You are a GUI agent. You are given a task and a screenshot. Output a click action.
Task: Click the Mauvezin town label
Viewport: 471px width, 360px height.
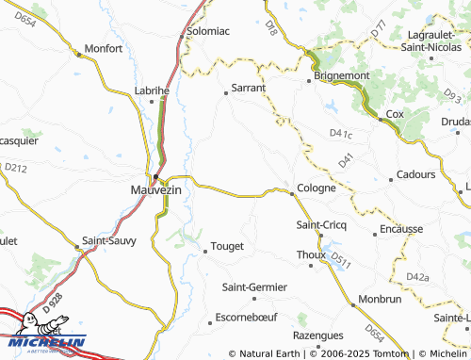pyautogui.click(x=154, y=190)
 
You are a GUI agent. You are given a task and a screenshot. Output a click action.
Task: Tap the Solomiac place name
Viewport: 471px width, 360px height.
pyautogui.click(x=207, y=30)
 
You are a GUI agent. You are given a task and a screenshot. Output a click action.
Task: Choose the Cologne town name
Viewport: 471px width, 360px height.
pyautogui.click(x=316, y=188)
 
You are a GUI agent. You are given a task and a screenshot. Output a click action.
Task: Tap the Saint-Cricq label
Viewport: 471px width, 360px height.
pyautogui.click(x=321, y=224)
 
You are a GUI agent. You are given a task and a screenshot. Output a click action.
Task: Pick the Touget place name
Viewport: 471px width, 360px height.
pyautogui.click(x=225, y=246)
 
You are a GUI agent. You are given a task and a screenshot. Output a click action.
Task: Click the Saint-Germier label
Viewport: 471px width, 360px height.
pyautogui.click(x=254, y=286)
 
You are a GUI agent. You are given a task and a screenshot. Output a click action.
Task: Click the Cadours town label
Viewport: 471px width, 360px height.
pyautogui.click(x=415, y=174)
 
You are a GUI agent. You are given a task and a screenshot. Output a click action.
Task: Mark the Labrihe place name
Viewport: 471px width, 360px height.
pyautogui.click(x=151, y=90)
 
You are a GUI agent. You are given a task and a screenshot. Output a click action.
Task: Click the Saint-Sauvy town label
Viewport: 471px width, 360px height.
pyautogui.click(x=109, y=240)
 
